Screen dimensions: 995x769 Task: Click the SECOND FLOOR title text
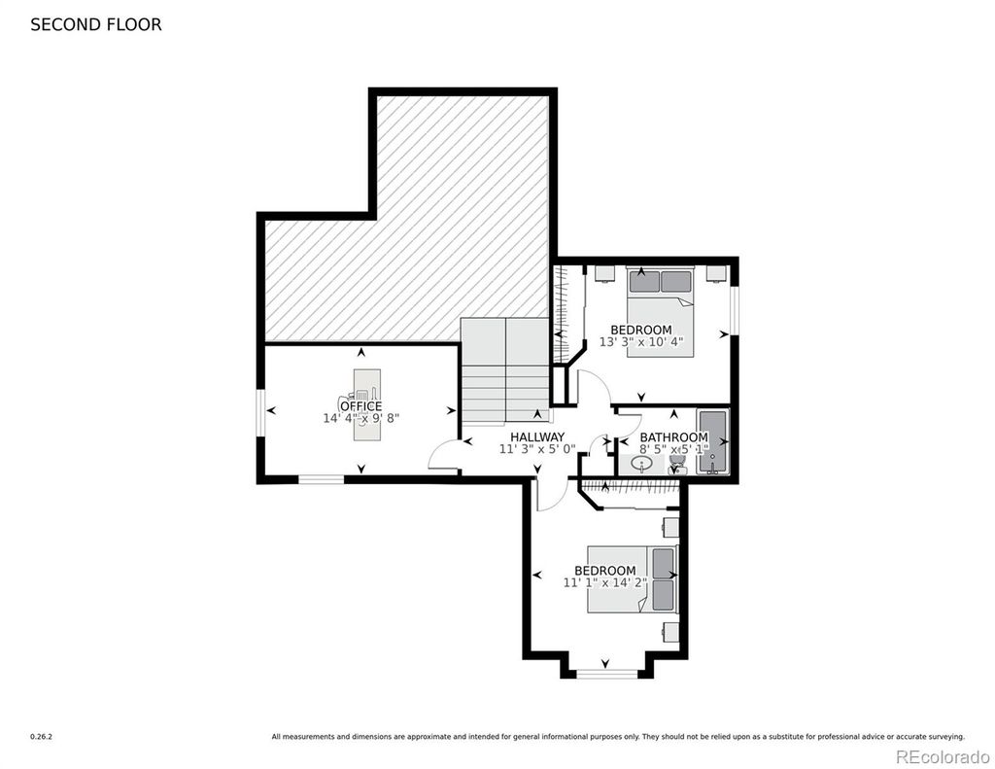click(x=96, y=24)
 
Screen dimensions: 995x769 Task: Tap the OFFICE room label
click(x=361, y=405)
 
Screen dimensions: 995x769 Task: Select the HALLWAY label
click(x=537, y=437)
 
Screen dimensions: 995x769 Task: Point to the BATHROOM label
click(x=673, y=437)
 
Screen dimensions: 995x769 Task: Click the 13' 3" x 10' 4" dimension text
click(x=641, y=341)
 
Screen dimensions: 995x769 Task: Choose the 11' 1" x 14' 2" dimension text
click(x=604, y=582)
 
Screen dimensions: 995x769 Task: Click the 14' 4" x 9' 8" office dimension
click(x=361, y=418)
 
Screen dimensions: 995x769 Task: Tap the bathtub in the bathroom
click(x=713, y=442)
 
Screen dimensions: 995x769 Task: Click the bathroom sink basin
click(x=642, y=466)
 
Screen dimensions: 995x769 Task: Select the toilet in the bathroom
click(x=677, y=464)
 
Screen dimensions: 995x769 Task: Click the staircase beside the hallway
click(x=505, y=369)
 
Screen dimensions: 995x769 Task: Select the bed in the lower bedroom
click(x=632, y=579)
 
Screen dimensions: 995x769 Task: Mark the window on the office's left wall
click(x=260, y=413)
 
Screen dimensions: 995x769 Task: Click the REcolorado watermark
click(x=943, y=756)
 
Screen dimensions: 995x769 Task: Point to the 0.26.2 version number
click(x=41, y=737)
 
